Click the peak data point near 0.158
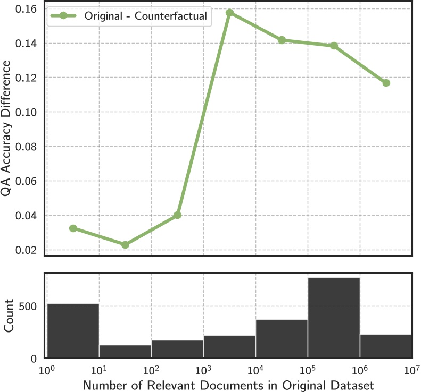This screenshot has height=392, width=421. tap(229, 13)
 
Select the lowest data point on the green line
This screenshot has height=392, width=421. tap(125, 245)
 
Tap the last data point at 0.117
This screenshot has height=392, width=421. tap(386, 83)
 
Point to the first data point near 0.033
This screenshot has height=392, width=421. tap(73, 228)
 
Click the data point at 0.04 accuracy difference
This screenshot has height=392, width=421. tap(177, 215)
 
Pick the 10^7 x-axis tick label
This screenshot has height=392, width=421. tap(412, 369)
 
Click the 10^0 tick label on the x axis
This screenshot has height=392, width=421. tap(47, 369)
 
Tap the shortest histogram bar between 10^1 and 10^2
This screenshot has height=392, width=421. tap(125, 352)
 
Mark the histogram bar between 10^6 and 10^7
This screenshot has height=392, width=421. tap(386, 346)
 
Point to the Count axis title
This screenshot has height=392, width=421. tap(9, 317)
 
